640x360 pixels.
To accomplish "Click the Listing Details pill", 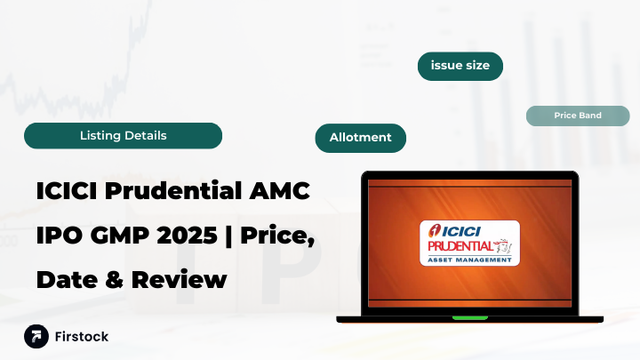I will click(123, 136).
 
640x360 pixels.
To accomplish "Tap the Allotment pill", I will click(360, 138).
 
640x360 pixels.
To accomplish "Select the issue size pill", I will click(460, 66).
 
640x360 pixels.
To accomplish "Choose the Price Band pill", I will click(578, 116).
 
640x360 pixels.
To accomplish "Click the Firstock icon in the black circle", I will click(36, 337).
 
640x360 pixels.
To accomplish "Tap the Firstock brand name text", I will click(81, 337).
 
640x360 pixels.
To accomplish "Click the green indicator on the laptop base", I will click(469, 317).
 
